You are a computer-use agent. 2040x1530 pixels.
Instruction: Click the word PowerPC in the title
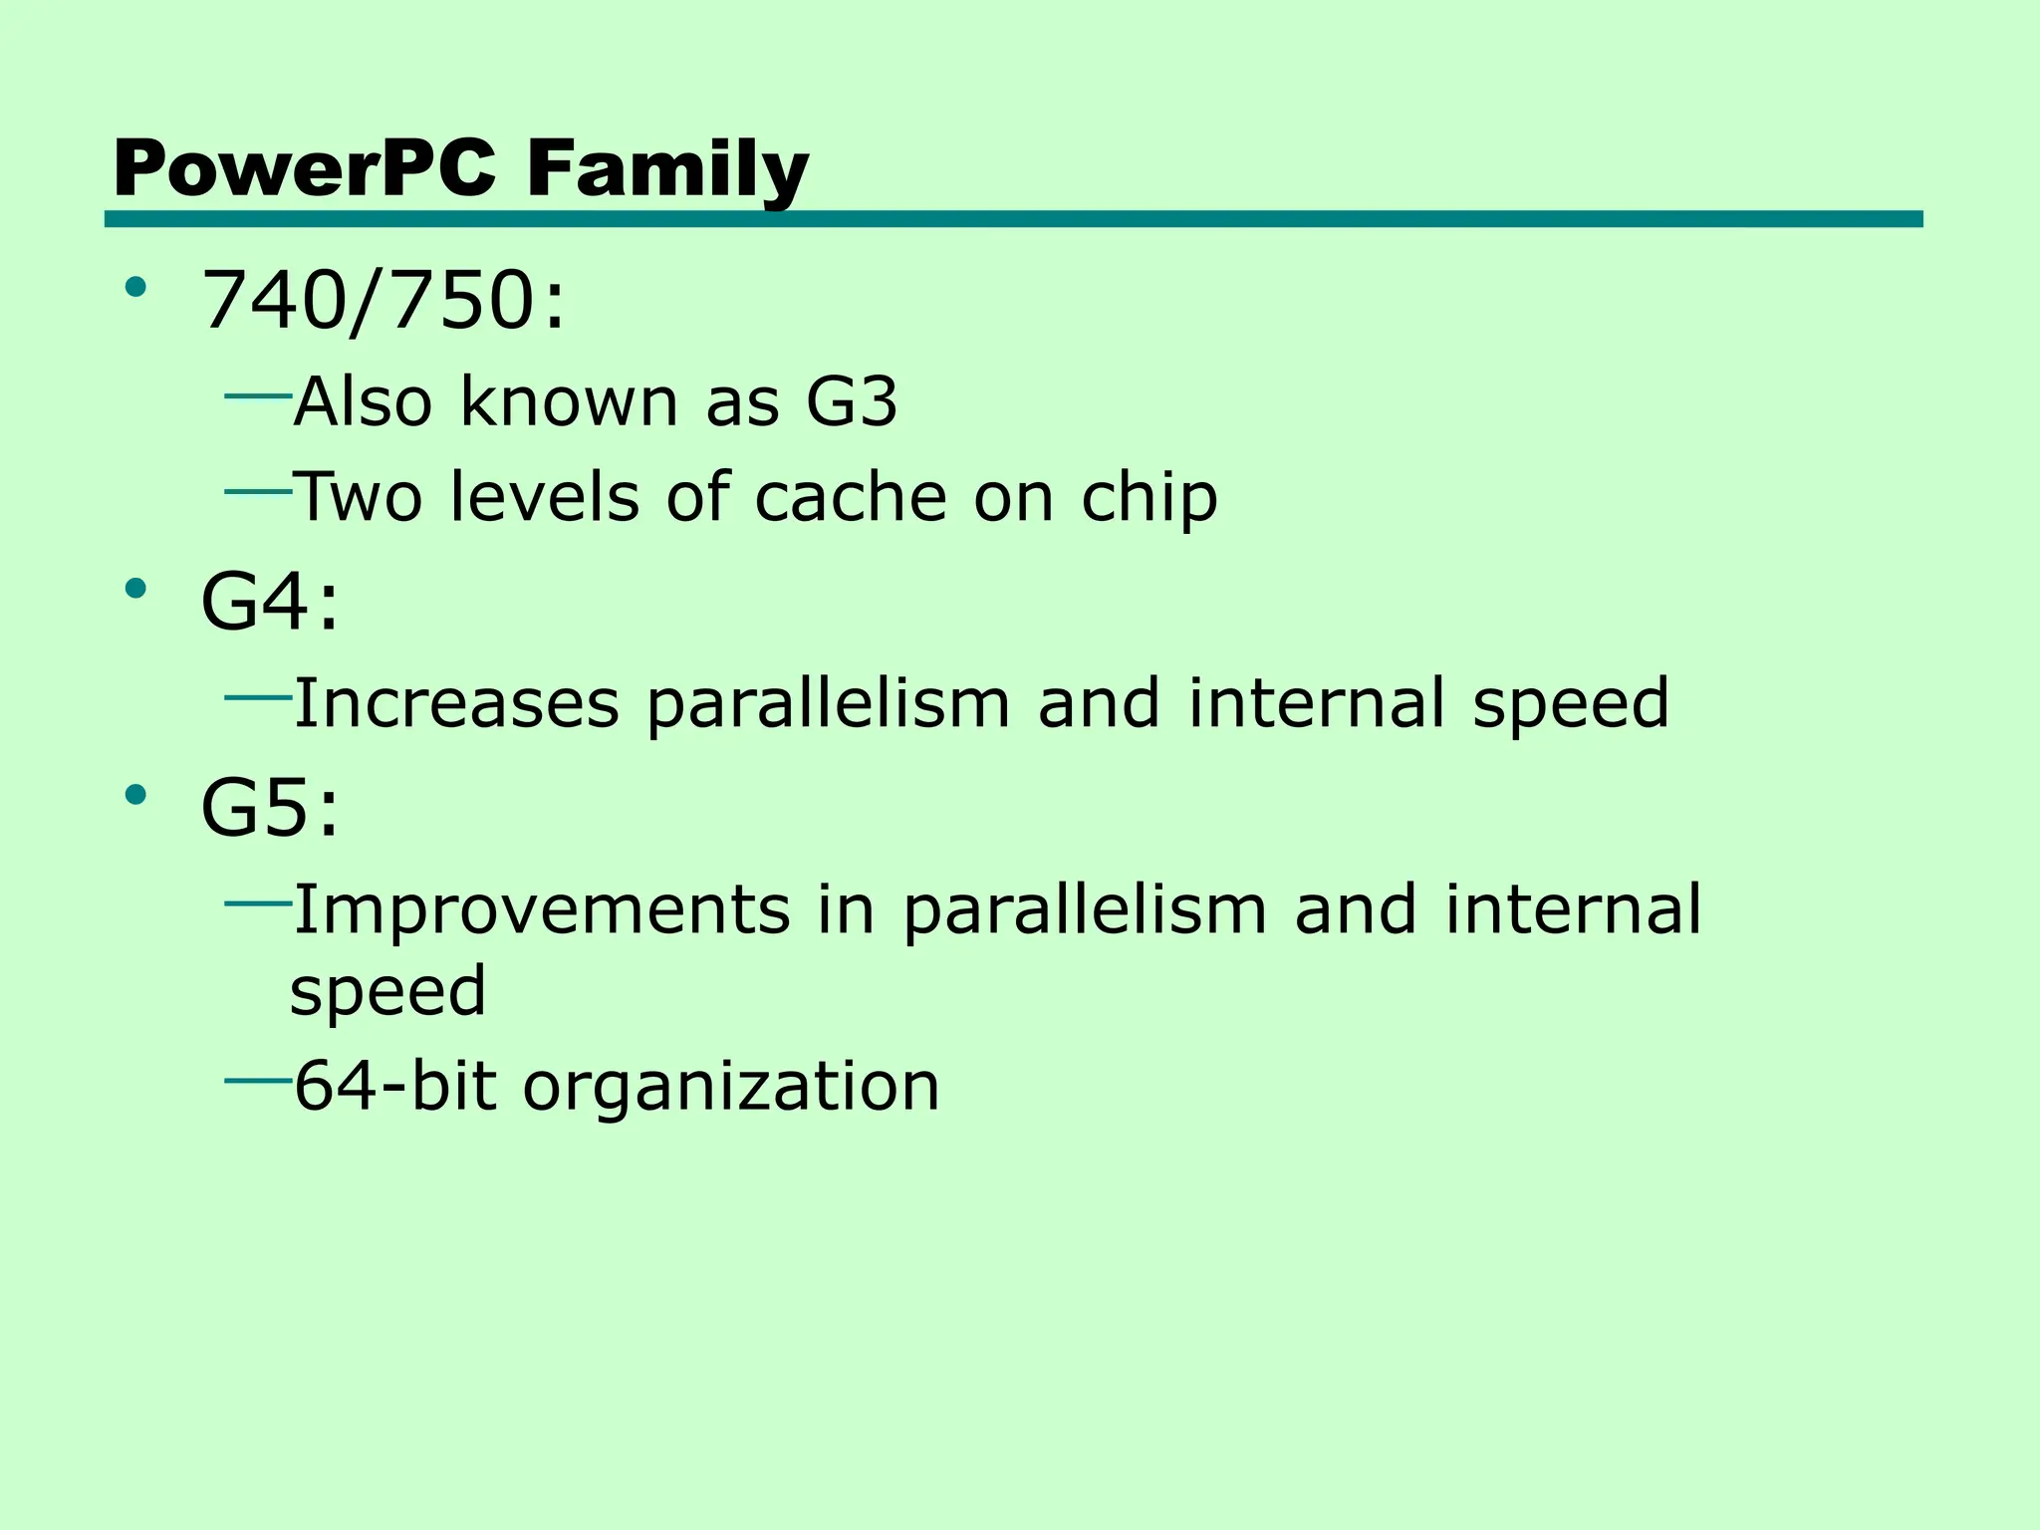[x=304, y=169]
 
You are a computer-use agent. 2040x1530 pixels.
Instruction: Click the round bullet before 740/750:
[x=135, y=289]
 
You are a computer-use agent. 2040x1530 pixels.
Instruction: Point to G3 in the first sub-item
[x=852, y=402]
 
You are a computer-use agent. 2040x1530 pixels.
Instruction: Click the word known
[x=570, y=402]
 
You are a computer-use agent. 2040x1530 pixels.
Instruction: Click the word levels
[x=544, y=497]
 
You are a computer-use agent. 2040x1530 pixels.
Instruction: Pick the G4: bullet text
[x=270, y=603]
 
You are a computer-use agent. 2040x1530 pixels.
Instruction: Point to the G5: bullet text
[x=270, y=808]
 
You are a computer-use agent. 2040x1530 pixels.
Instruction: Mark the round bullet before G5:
[x=135, y=794]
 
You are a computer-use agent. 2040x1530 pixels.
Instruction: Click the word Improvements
[x=542, y=909]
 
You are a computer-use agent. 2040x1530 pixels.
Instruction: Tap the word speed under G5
[x=388, y=991]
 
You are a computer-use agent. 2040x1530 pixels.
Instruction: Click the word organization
[x=731, y=1088]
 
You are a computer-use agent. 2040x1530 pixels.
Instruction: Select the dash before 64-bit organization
[x=258, y=1079]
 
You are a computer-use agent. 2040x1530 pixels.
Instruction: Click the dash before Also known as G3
[x=258, y=395]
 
